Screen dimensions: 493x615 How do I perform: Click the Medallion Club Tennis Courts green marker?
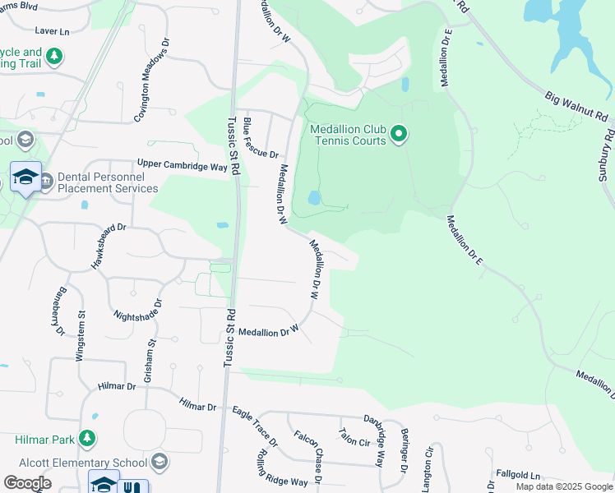pyautogui.click(x=399, y=133)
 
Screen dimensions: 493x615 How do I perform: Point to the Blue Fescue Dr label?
pyautogui.click(x=262, y=138)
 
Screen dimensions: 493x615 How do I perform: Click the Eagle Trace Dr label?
pyautogui.click(x=255, y=426)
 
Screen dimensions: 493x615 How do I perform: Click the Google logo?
pyautogui.click(x=28, y=483)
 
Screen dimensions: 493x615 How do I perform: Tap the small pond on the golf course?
pyautogui.click(x=314, y=198)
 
